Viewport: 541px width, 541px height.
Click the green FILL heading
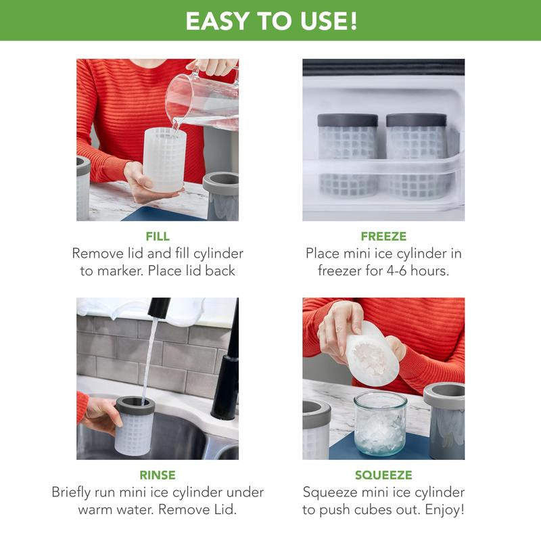(x=158, y=236)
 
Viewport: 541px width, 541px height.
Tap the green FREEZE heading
(x=383, y=236)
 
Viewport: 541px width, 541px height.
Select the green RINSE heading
(x=158, y=475)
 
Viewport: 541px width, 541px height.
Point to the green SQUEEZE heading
(x=383, y=475)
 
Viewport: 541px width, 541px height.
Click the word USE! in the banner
(x=328, y=21)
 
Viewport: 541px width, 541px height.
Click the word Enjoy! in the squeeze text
(x=445, y=510)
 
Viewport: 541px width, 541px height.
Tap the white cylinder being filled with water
(x=164, y=160)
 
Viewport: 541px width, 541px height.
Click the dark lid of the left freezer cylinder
(x=348, y=120)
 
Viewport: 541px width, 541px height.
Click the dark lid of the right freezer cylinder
(x=416, y=120)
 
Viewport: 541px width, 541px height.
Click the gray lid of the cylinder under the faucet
(x=135, y=405)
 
